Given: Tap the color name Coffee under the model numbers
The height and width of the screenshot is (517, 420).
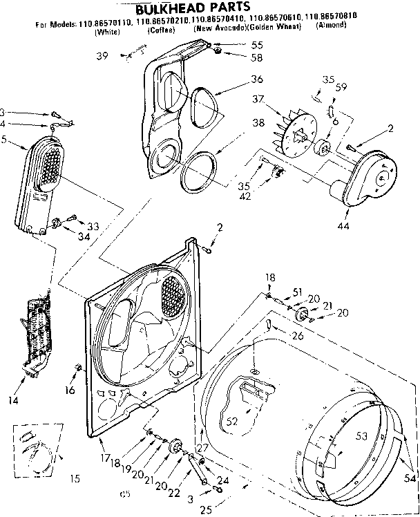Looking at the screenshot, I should point(160,32).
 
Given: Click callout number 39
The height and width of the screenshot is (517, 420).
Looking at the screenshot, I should point(102,55).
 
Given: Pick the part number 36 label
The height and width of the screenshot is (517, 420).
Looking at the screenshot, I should point(238,78).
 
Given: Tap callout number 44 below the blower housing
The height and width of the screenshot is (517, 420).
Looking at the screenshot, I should point(343,226).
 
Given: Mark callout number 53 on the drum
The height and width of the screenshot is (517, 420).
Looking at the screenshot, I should point(361,435).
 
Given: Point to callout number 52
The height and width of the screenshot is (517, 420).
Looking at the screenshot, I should point(232,420).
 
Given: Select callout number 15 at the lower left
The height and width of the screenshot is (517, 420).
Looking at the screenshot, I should point(75,478).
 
